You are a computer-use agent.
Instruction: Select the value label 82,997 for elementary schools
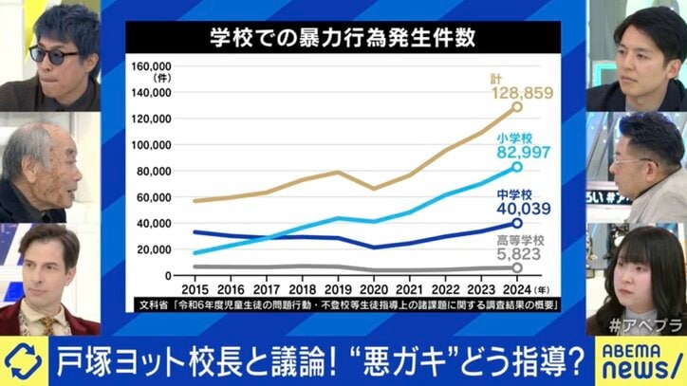tap(522, 155)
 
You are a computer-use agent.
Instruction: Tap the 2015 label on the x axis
tap(195, 288)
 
